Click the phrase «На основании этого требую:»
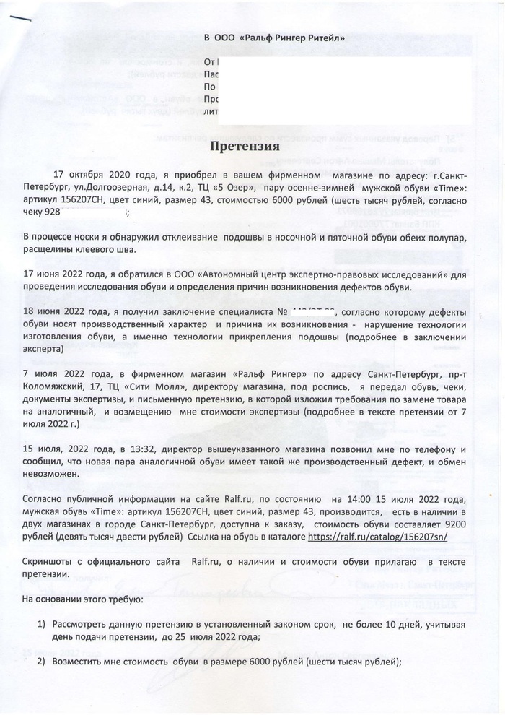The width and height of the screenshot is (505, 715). tap(83, 599)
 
